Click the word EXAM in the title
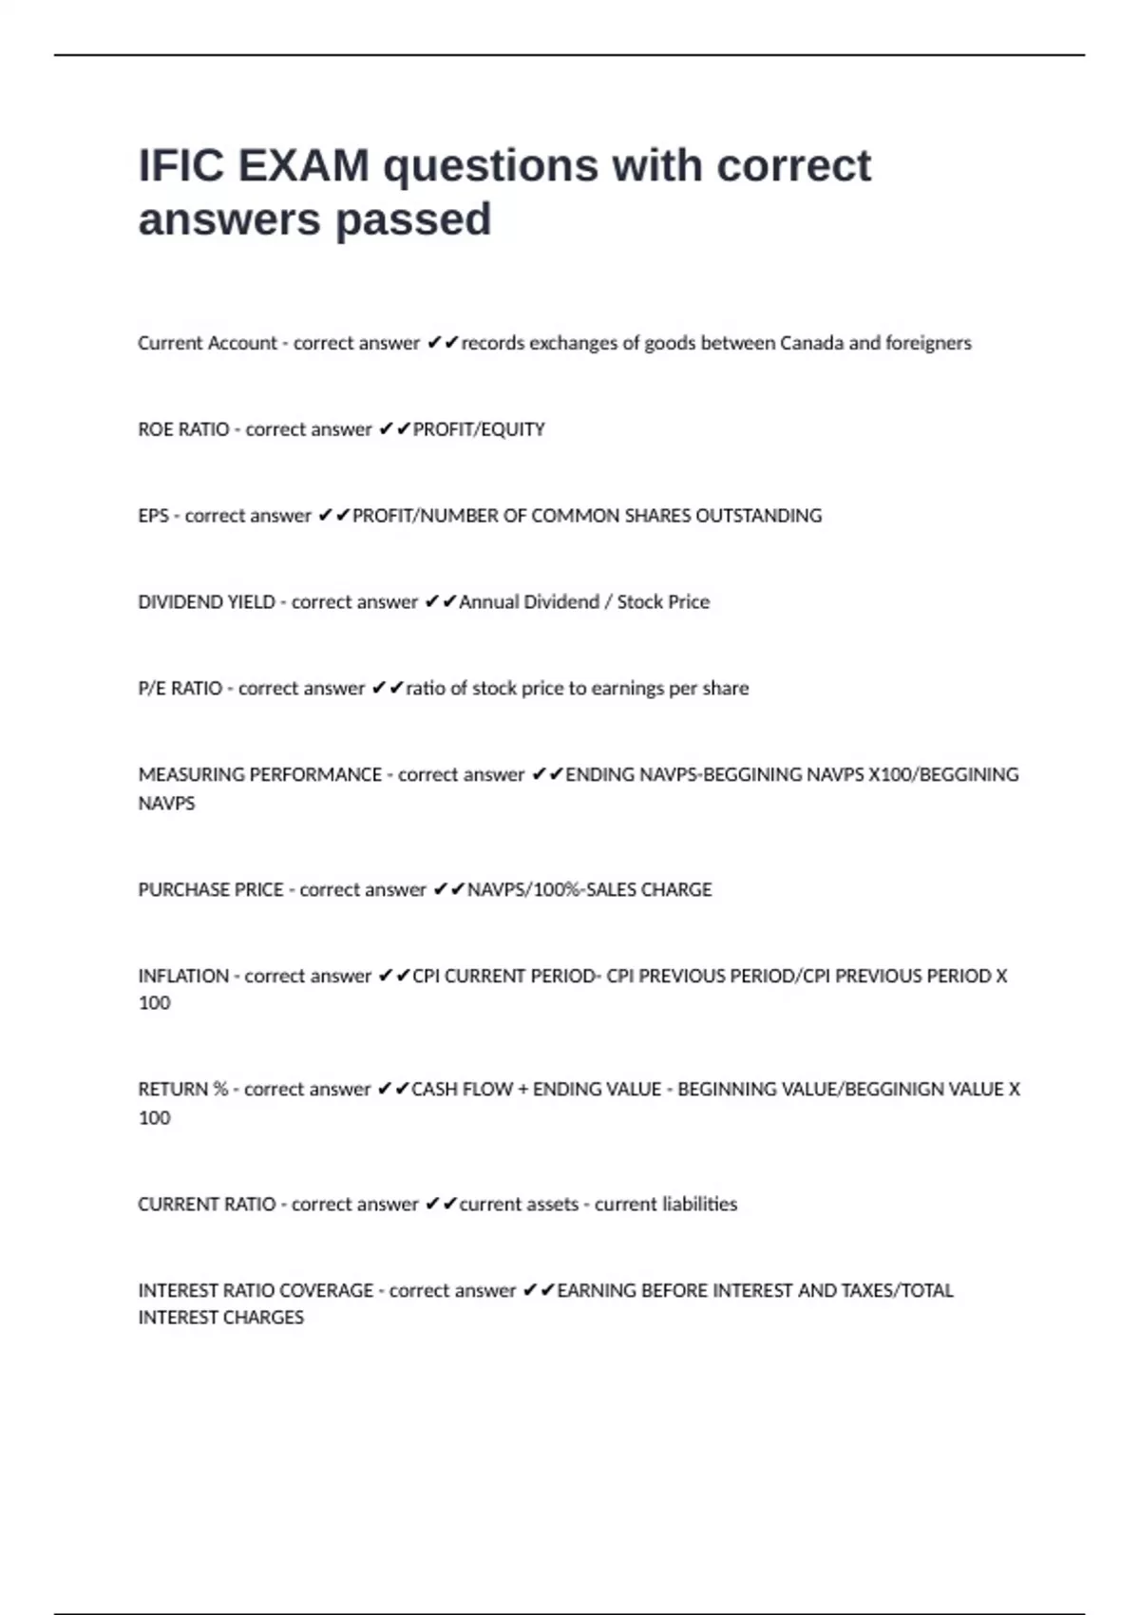pyautogui.click(x=303, y=166)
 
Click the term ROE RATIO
pyautogui.click(x=183, y=429)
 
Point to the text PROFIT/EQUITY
pyautogui.click(x=479, y=429)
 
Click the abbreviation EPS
pyautogui.click(x=153, y=516)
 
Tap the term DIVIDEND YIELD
pyautogui.click(x=206, y=602)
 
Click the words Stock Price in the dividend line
pyautogui.click(x=663, y=602)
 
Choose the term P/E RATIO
pyautogui.click(x=180, y=689)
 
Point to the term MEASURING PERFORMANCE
pyautogui.click(x=259, y=775)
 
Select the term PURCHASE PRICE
pyautogui.click(x=210, y=890)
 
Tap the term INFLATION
pyautogui.click(x=183, y=977)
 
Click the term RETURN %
pyautogui.click(x=182, y=1090)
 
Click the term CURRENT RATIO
pyautogui.click(x=206, y=1205)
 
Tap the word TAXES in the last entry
pyautogui.click(x=868, y=1291)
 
